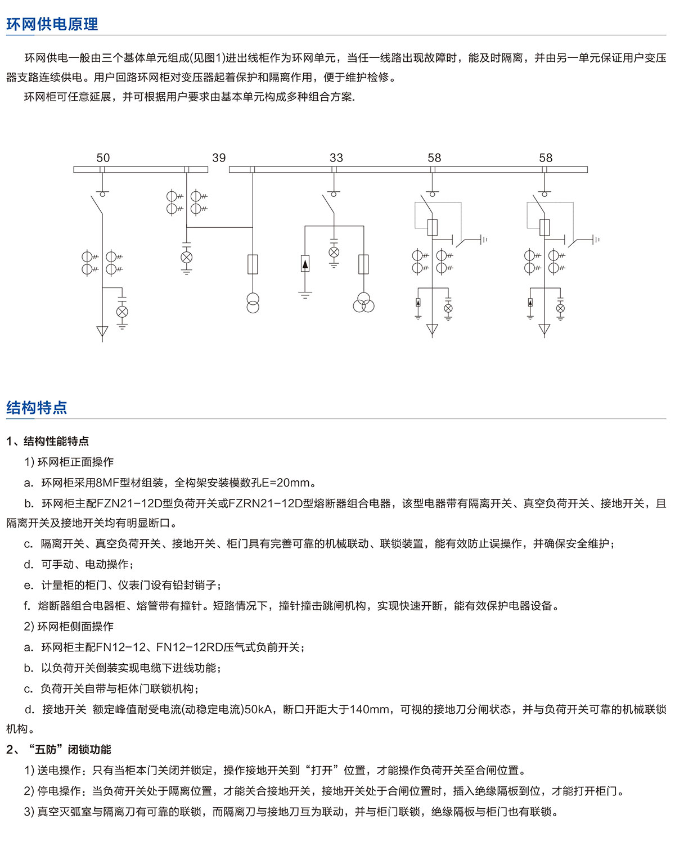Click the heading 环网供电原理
(52, 24)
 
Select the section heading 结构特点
(37, 408)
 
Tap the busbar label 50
(103, 157)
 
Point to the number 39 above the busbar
(219, 157)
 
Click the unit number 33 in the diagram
(336, 157)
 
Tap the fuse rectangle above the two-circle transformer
(253, 264)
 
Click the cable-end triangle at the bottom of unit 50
(102, 331)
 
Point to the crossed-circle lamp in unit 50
(122, 312)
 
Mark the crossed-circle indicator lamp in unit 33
(334, 253)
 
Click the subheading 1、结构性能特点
(47, 441)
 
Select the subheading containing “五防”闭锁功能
(58, 749)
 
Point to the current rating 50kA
(258, 709)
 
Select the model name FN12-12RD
(190, 647)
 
